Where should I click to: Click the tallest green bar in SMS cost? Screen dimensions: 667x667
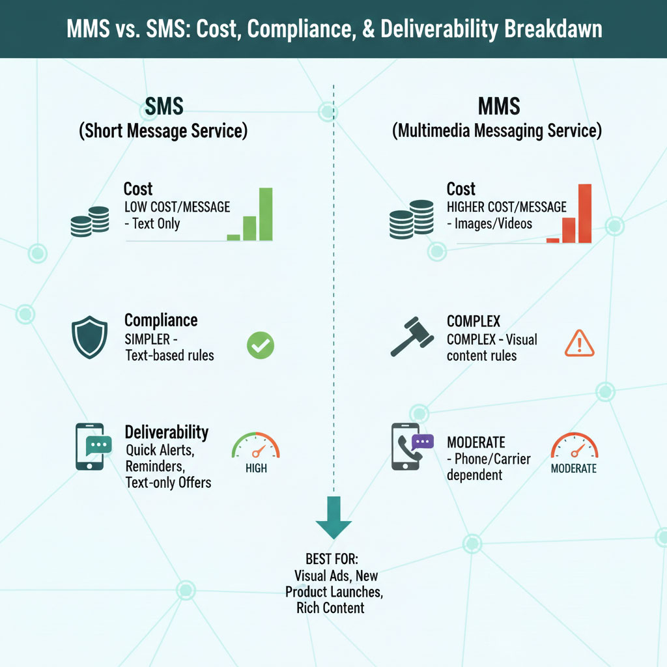pos(266,214)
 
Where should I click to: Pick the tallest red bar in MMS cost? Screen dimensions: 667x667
pos(584,214)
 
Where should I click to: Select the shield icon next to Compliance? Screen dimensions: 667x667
pos(89,337)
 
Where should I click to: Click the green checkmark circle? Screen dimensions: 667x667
pos(261,345)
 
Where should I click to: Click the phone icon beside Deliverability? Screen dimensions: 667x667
pos(89,446)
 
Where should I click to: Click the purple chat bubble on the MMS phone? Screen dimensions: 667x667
pos(423,442)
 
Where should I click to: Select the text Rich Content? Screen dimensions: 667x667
pos(330,608)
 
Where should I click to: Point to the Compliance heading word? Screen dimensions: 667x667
pos(161,320)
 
